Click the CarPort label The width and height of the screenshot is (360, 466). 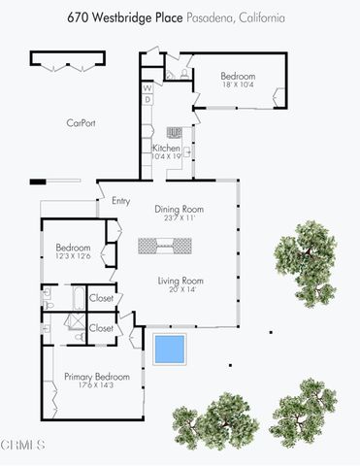coord(81,123)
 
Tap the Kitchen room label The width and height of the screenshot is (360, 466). coord(166,149)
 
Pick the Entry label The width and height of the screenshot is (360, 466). coord(121,201)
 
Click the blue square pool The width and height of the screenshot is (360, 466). coord(170,348)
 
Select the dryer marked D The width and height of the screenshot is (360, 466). coord(148,99)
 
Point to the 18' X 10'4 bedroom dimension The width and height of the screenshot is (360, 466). coord(238,85)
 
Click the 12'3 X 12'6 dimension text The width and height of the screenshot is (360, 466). coord(74,256)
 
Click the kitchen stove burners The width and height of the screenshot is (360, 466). coord(176,132)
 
